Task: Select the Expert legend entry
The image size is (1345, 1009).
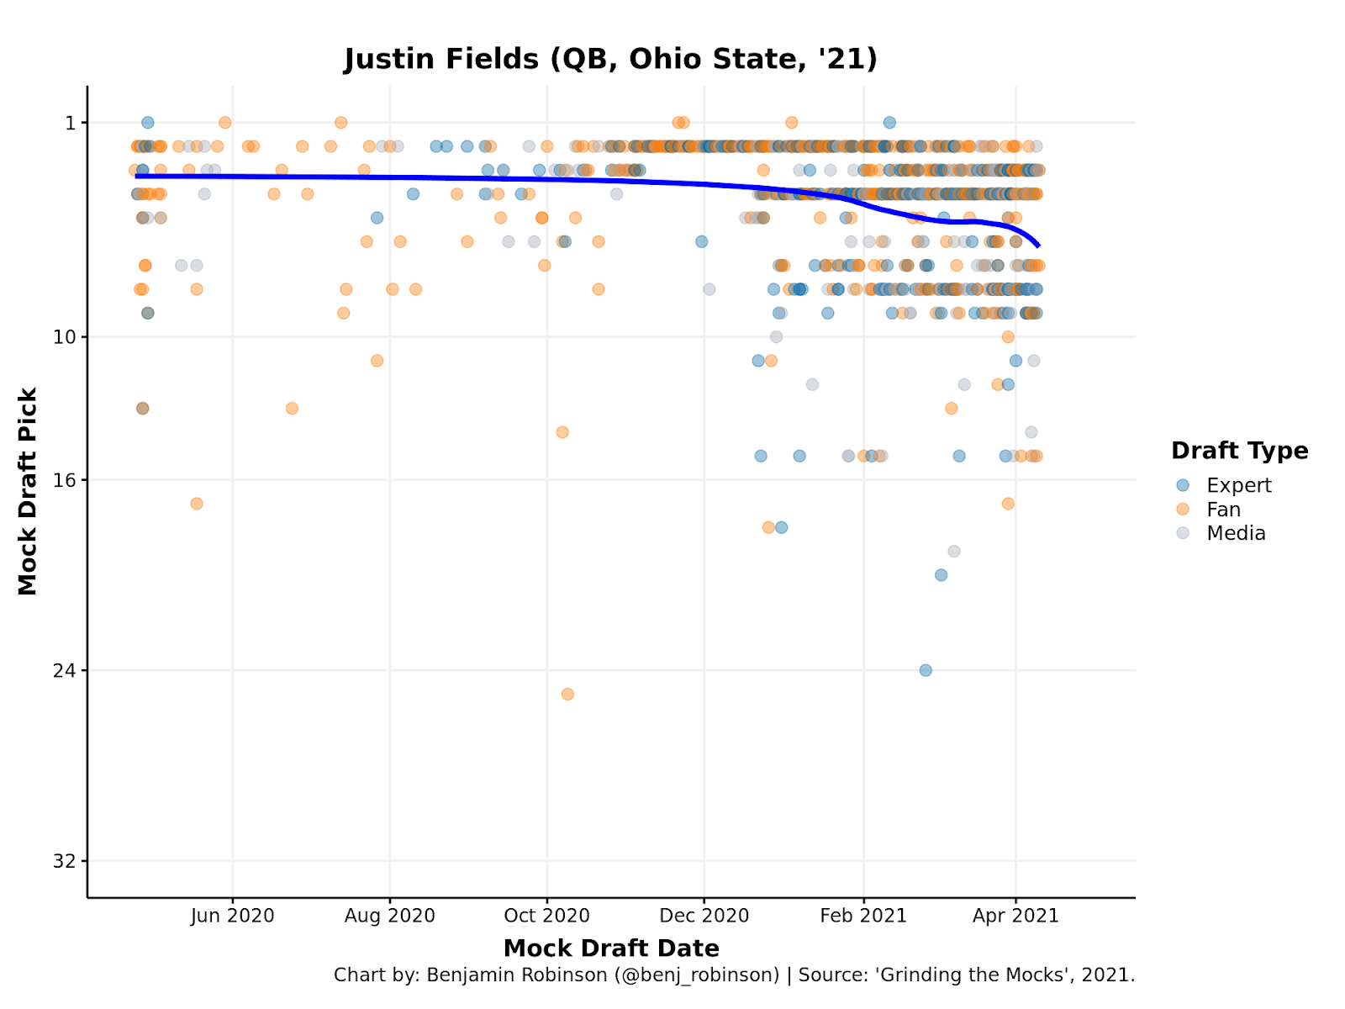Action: point(1238,485)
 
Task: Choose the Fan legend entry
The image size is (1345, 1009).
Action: point(1223,510)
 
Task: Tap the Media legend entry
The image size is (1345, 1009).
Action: point(1236,533)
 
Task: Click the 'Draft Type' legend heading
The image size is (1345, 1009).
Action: point(1239,451)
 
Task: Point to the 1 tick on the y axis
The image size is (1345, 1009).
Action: point(71,123)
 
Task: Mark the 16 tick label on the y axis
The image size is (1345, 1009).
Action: point(65,480)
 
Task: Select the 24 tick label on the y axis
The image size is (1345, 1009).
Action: point(65,671)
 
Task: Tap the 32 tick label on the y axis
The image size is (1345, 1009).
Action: point(65,861)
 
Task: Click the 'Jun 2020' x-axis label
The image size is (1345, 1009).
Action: point(233,916)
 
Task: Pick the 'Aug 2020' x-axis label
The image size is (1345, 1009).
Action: point(390,916)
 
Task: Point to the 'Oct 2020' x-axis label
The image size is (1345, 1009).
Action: point(547,916)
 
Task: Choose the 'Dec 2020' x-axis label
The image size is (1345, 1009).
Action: point(704,916)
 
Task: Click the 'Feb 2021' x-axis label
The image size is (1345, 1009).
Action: point(863,916)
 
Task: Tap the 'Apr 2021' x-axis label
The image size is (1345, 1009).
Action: point(1015,916)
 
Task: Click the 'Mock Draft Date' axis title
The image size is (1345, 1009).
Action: point(611,948)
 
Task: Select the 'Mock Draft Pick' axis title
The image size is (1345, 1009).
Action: point(28,491)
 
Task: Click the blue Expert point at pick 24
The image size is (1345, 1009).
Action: point(926,670)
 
